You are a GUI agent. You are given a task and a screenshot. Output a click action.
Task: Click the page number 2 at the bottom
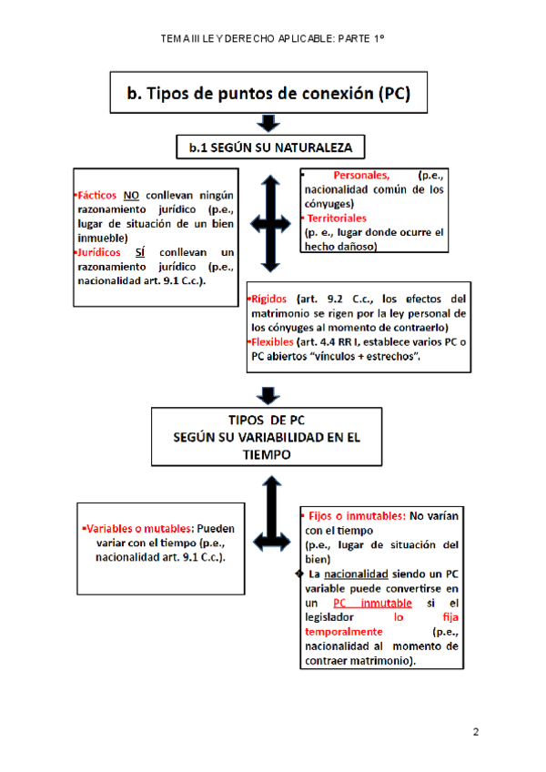(475, 732)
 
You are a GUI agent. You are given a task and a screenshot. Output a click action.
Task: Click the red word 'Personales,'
(361, 176)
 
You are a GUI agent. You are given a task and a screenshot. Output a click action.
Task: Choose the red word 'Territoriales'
(337, 218)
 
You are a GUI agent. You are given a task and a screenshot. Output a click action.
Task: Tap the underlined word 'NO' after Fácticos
(132, 195)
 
